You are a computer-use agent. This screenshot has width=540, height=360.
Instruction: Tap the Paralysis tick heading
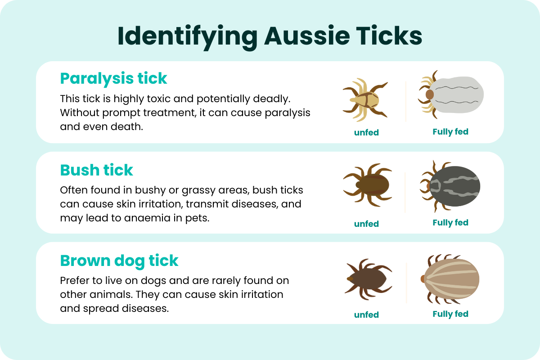113,78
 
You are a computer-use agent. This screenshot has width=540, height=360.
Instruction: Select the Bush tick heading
96,170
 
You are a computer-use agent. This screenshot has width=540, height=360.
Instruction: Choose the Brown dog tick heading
119,261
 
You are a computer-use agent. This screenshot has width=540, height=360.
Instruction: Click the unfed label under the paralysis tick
366,133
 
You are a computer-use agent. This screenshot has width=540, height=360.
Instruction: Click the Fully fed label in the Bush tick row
450,223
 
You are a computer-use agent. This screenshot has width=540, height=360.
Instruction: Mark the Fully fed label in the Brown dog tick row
450,314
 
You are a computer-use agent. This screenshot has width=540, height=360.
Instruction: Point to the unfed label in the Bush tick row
366,224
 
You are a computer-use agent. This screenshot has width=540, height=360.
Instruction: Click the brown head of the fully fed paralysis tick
429,94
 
